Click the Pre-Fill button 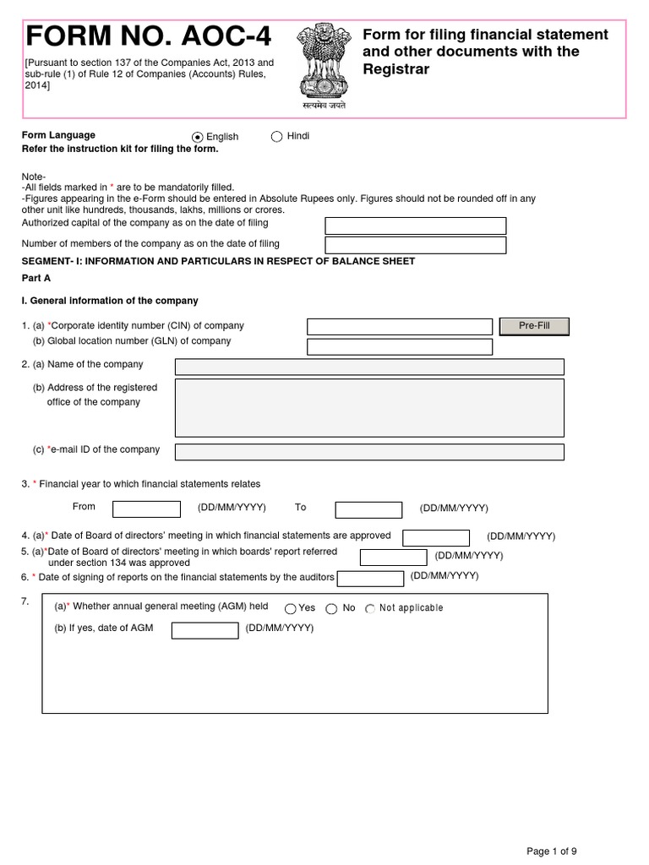click(x=534, y=326)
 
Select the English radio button click(x=198, y=137)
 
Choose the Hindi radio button click(x=276, y=137)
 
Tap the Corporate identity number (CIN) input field click(x=399, y=327)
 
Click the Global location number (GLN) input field click(x=399, y=346)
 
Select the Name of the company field click(x=369, y=367)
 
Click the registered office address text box click(x=369, y=407)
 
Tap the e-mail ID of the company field click(x=369, y=452)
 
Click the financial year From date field click(x=146, y=509)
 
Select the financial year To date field click(x=368, y=509)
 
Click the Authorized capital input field click(x=415, y=226)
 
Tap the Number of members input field click(x=415, y=245)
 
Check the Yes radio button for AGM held click(x=291, y=608)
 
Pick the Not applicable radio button click(x=370, y=608)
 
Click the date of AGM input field click(x=205, y=630)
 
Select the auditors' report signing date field click(x=370, y=579)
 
